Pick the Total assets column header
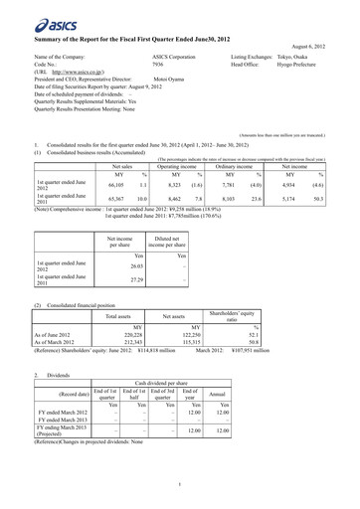(x=118, y=315)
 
